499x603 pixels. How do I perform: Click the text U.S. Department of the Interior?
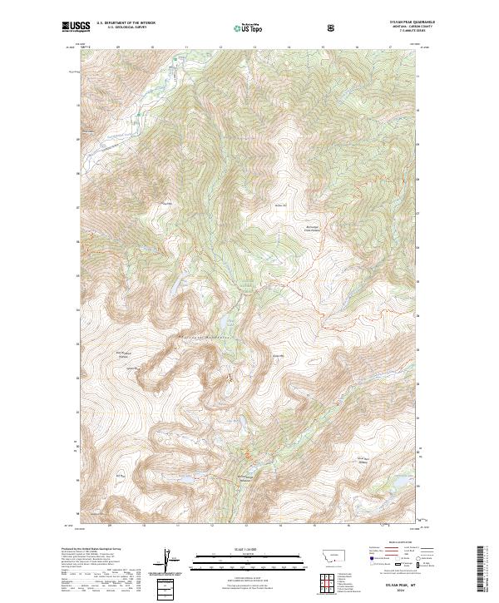(125, 24)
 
